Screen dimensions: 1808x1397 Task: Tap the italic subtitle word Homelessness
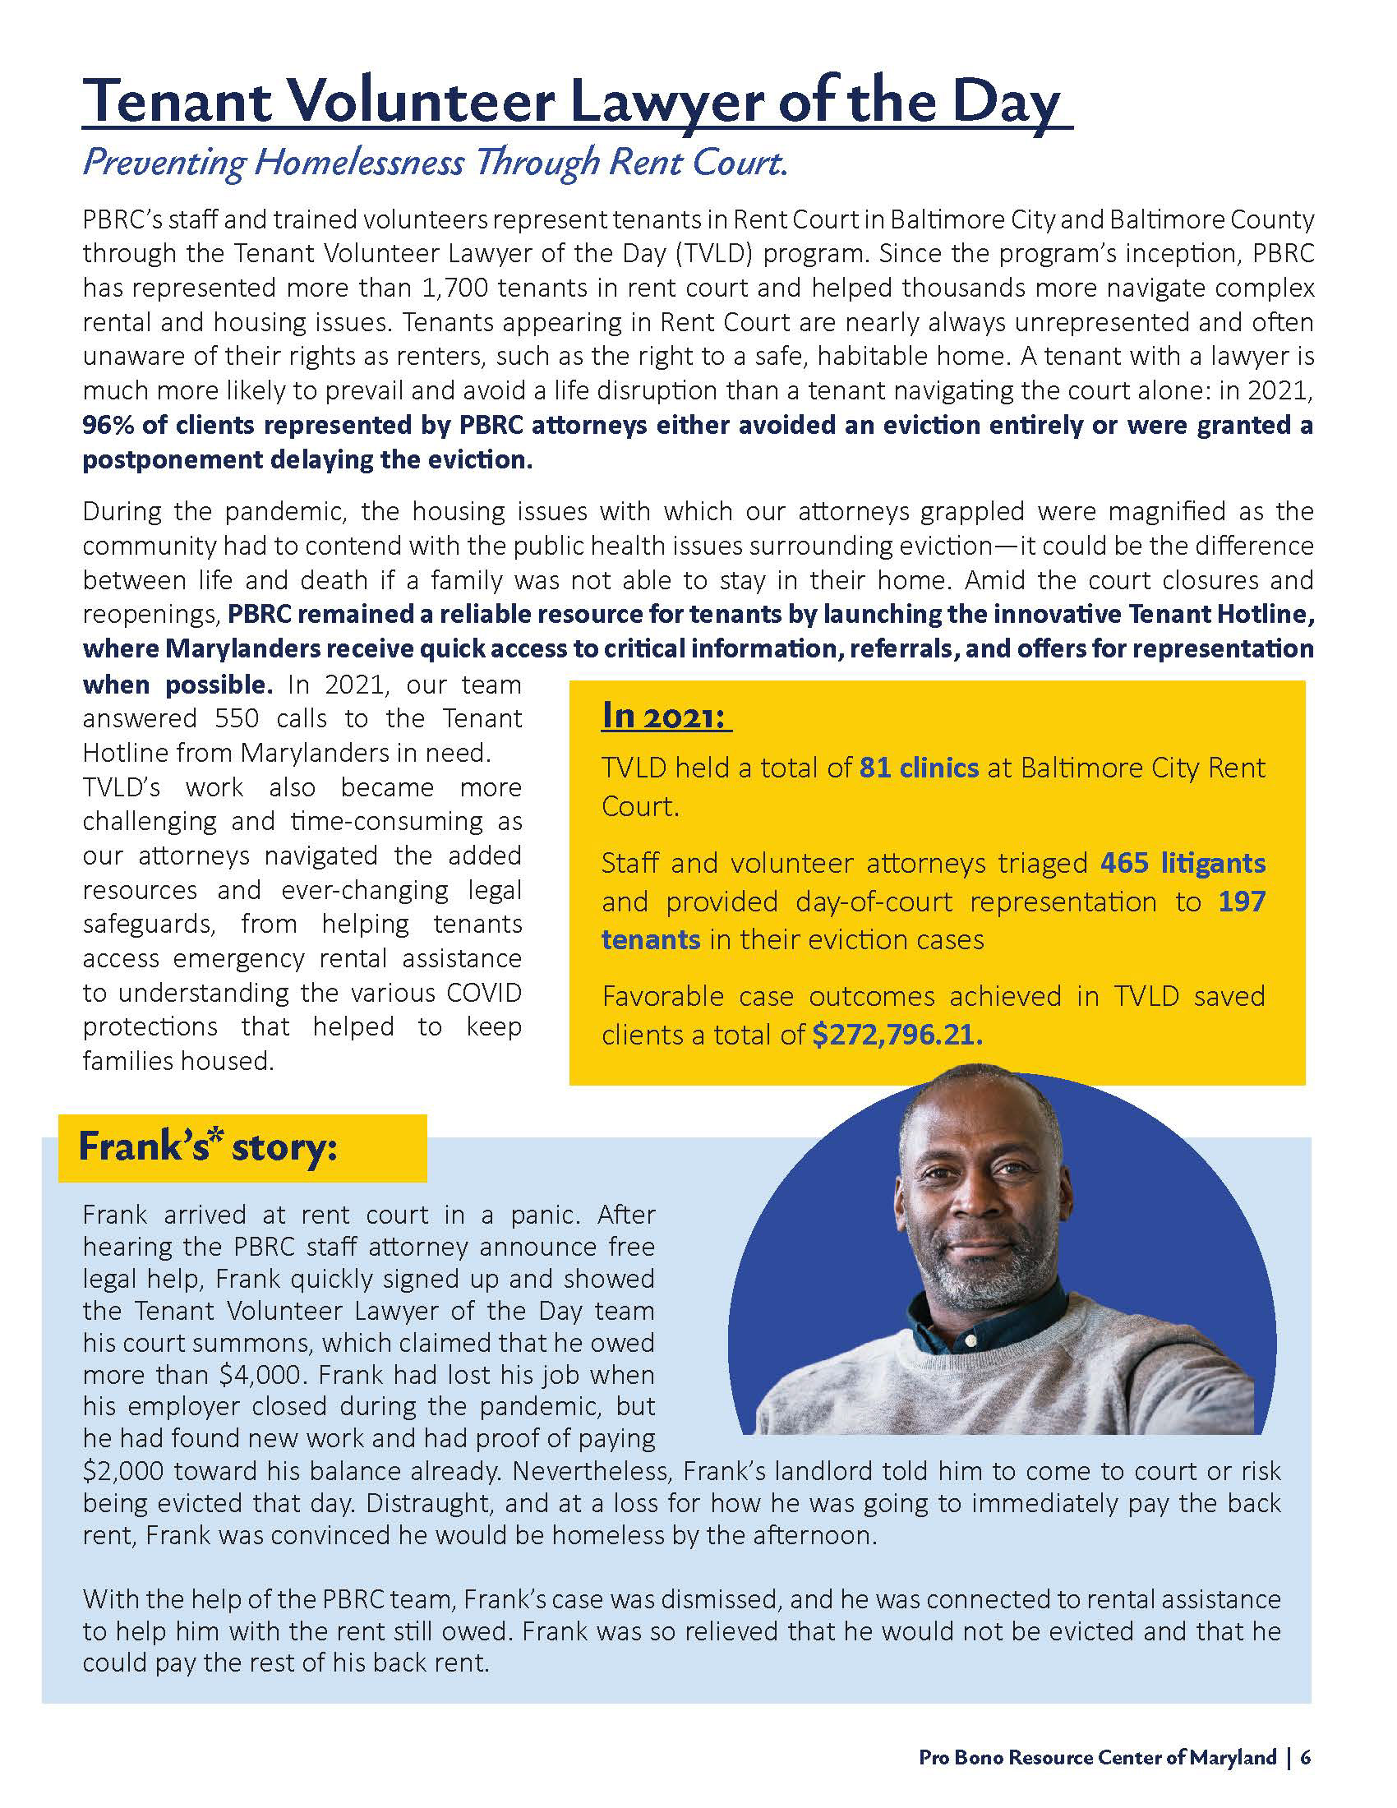[358, 162]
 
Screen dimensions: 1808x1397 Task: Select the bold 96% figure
[108, 426]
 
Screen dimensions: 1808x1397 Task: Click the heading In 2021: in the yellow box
[666, 715]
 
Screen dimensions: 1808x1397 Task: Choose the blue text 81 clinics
[919, 768]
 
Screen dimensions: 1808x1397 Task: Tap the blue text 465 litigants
[1183, 863]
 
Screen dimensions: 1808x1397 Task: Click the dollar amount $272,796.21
[897, 1034]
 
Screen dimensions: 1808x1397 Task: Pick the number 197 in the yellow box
[1242, 901]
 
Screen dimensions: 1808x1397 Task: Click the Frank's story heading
[208, 1148]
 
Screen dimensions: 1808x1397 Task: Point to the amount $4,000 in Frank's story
[262, 1374]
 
